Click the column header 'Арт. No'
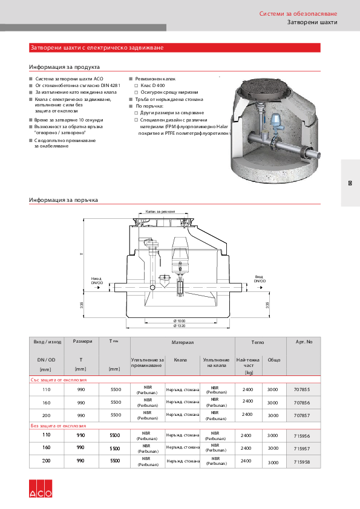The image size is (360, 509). (x=304, y=342)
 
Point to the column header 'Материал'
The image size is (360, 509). (x=183, y=342)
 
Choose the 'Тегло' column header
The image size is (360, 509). (x=258, y=342)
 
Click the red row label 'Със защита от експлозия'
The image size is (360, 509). (x=59, y=380)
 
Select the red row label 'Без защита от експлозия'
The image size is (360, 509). (x=59, y=426)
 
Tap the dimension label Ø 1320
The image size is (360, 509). (x=179, y=326)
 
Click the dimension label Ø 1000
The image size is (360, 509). (x=179, y=320)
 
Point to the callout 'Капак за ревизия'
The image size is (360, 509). (x=160, y=212)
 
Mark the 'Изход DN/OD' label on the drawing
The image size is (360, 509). (x=97, y=280)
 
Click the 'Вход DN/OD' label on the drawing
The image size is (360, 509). (x=259, y=279)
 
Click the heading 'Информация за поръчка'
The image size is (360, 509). (x=64, y=199)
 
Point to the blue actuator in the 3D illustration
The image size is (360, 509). (x=277, y=126)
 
